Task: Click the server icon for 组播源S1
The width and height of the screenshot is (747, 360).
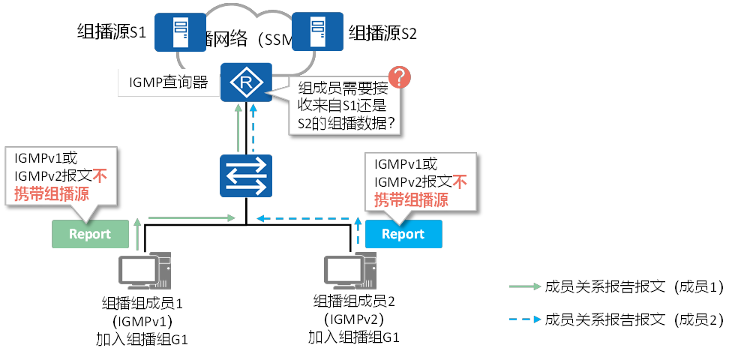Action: [180, 31]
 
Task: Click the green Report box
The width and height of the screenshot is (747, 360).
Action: [89, 234]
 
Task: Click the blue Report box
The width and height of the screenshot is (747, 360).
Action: [403, 234]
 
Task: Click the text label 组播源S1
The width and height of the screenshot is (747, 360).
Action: [112, 32]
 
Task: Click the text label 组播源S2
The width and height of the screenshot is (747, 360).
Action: [382, 33]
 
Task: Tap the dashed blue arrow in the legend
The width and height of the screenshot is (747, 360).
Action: [523, 319]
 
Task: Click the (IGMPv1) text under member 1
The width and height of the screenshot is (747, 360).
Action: [142, 321]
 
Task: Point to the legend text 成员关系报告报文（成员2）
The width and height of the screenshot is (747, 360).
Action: [634, 319]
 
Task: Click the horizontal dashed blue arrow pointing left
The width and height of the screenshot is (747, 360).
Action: [303, 219]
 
